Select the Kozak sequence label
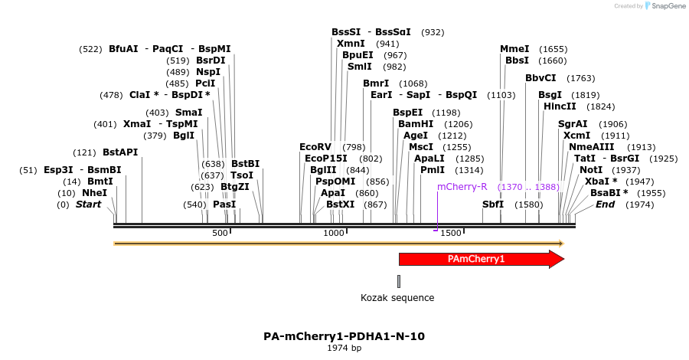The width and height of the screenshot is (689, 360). [x=397, y=297]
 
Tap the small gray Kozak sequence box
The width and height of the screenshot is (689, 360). [x=399, y=281]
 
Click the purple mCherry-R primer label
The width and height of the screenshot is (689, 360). [x=462, y=187]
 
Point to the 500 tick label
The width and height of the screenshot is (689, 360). [x=220, y=233]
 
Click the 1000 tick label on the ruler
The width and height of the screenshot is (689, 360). [x=335, y=233]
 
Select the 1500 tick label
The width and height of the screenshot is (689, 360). [x=450, y=233]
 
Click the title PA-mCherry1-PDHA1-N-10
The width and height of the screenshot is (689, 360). [x=344, y=335]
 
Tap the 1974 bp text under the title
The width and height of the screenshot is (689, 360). [x=344, y=348]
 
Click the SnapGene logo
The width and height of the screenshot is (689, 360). [x=665, y=6]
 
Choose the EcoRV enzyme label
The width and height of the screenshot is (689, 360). [x=315, y=146]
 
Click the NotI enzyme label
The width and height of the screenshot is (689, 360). [x=590, y=169]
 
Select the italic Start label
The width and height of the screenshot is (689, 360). [x=88, y=205]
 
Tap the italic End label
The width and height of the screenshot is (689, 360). [x=605, y=205]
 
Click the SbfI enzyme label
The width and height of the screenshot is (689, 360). [x=493, y=205]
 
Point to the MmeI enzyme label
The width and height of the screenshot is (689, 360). [x=514, y=48]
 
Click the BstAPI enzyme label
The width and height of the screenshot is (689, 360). [x=120, y=152]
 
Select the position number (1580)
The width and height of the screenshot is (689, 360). [x=528, y=205]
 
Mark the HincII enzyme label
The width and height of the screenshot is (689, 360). [x=560, y=106]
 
